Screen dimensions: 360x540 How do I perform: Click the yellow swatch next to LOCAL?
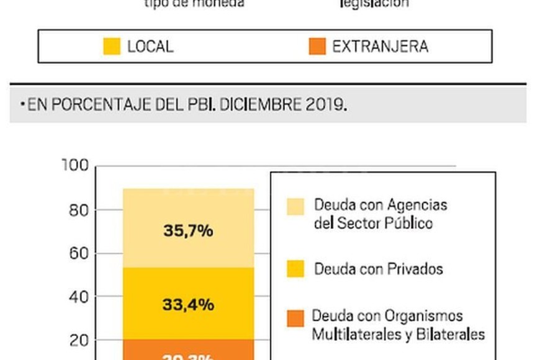(112, 47)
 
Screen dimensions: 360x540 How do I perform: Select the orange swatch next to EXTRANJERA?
(317, 47)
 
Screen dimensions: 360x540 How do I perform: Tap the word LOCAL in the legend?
(150, 47)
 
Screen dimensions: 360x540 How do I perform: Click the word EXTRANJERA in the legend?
(380, 47)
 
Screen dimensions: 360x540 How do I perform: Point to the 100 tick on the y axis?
(75, 166)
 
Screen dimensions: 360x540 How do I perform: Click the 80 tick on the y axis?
(78, 210)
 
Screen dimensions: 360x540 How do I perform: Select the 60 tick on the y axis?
(78, 253)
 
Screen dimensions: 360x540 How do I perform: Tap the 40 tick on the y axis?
(78, 297)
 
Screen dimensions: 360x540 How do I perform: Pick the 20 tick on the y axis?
(78, 341)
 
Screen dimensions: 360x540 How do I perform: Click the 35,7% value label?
(189, 231)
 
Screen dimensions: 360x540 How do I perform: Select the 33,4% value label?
(189, 305)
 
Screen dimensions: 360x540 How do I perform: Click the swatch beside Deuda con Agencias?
(295, 207)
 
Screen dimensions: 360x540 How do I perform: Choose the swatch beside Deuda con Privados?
(295, 269)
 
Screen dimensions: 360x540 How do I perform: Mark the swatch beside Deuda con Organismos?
(295, 318)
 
